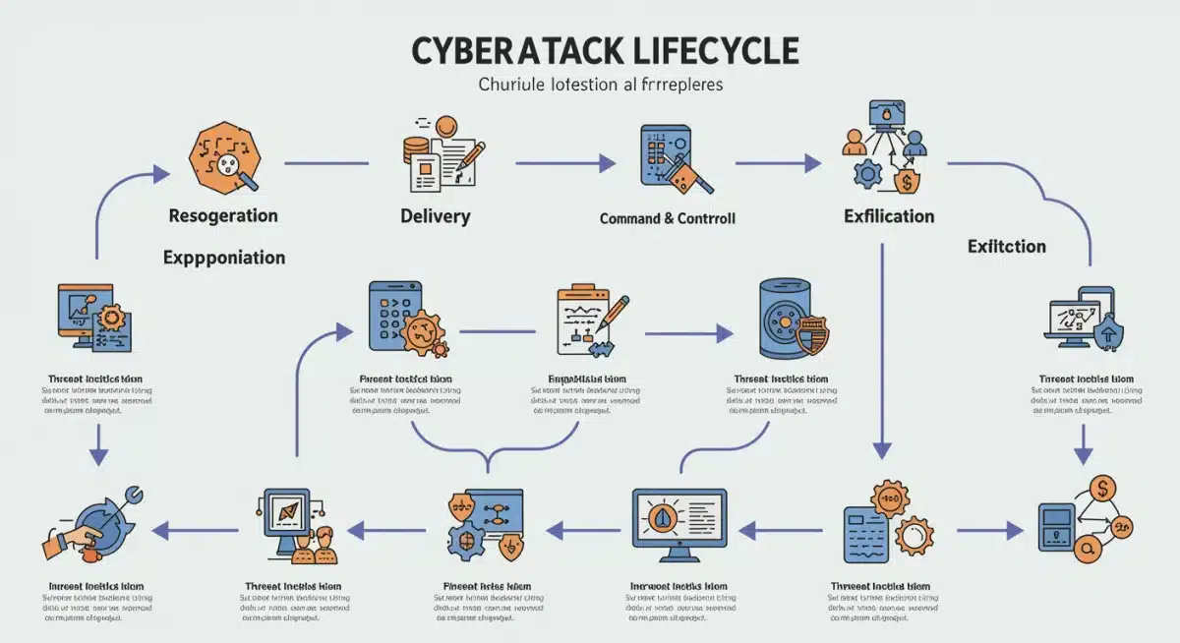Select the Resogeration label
[x=223, y=215]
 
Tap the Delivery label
[x=435, y=216]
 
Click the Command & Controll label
[x=667, y=218]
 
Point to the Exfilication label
[x=889, y=215]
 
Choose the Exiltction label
[x=1006, y=247]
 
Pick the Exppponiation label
[x=224, y=258]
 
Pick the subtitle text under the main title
[x=600, y=85]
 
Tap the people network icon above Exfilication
[x=884, y=157]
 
